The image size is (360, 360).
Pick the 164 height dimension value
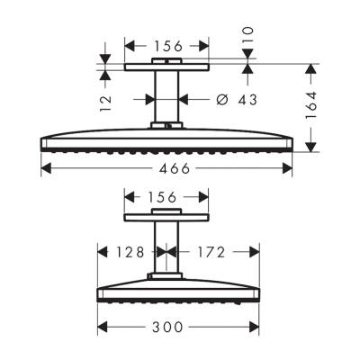(x=312, y=106)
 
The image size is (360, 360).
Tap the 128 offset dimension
(x=126, y=252)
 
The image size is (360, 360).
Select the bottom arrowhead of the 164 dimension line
(x=312, y=149)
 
